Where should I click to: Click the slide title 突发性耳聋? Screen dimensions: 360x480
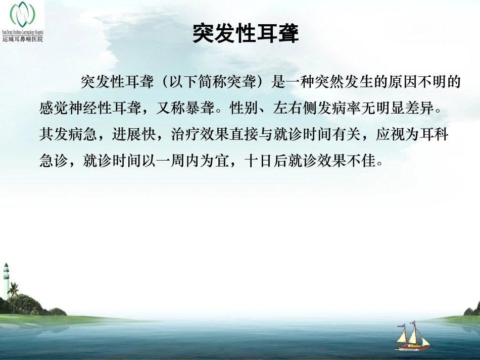[246, 34]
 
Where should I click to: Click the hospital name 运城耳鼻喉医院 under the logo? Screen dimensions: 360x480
[23, 39]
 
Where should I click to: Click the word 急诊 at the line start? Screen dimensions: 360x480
[52, 162]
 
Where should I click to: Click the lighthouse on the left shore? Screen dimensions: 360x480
[6, 281]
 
